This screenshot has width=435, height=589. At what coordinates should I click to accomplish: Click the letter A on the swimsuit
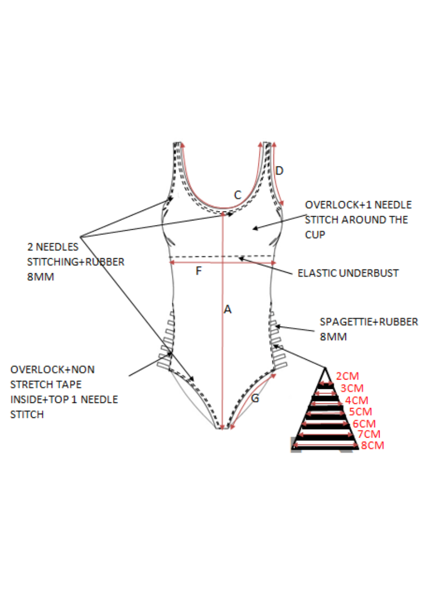pyautogui.click(x=227, y=310)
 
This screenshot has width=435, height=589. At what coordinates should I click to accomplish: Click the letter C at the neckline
pyautogui.click(x=238, y=195)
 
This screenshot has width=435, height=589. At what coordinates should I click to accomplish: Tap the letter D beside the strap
pyautogui.click(x=280, y=170)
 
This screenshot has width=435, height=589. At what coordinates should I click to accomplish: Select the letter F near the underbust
pyautogui.click(x=198, y=271)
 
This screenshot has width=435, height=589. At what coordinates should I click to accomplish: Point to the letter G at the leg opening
pyautogui.click(x=255, y=399)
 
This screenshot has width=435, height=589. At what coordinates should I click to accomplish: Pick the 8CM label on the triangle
pyautogui.click(x=372, y=445)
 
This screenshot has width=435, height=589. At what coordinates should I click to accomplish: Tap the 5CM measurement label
pyautogui.click(x=360, y=412)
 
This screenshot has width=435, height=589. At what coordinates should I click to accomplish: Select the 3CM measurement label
pyautogui.click(x=352, y=388)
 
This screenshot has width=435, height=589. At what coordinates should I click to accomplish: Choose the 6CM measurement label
pyautogui.click(x=364, y=423)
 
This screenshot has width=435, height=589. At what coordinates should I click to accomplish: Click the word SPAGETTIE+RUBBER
pyautogui.click(x=369, y=321)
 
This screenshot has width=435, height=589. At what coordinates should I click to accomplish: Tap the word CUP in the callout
pyautogui.click(x=315, y=235)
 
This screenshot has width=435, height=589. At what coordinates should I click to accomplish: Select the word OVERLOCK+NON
pyautogui.click(x=52, y=370)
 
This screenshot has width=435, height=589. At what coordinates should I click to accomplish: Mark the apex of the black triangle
pyautogui.click(x=325, y=368)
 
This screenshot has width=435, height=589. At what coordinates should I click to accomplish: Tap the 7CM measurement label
pyautogui.click(x=369, y=434)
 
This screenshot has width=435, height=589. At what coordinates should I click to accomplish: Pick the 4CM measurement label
pyautogui.click(x=356, y=400)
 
